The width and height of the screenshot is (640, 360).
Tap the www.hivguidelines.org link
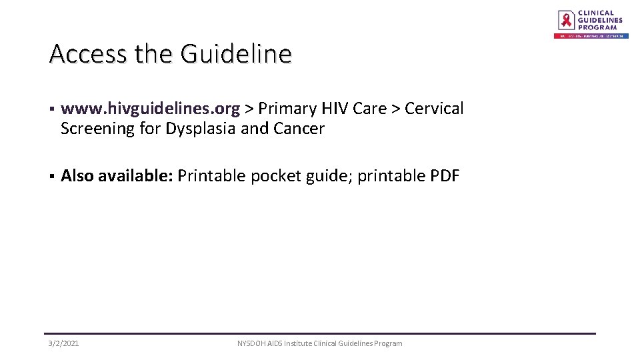[x=150, y=109]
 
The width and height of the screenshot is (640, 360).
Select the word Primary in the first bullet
[x=287, y=109]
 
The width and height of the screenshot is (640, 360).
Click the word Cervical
[x=434, y=109]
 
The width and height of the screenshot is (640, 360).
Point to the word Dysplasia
[x=197, y=129]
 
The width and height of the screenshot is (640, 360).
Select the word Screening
[x=97, y=129]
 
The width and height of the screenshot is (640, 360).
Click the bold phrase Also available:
[x=117, y=176]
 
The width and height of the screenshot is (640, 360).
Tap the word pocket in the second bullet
[x=275, y=176]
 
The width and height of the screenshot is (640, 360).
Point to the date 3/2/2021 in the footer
[x=63, y=343]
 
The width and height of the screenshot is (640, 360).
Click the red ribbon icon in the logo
[x=566, y=19]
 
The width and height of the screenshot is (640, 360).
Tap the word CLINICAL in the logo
[x=595, y=13]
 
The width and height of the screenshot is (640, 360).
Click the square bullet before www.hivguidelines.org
[x=51, y=109]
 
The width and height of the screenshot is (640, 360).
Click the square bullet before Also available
[x=51, y=177]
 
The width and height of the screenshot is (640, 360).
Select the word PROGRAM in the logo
[x=597, y=27]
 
